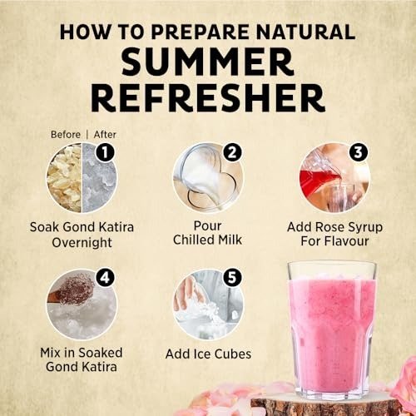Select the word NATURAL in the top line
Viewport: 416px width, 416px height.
305,32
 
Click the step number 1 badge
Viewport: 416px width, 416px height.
105,152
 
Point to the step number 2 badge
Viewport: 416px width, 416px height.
232,152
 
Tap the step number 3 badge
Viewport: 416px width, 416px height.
359,152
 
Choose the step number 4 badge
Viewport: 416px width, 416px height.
105,278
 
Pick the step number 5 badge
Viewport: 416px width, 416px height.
232,278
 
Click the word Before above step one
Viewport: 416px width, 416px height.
66,135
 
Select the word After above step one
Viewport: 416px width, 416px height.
105,135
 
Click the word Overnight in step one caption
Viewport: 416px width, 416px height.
82,243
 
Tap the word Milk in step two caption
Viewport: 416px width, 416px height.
230,240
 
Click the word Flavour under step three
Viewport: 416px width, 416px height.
348,240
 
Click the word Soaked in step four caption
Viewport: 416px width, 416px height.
101,353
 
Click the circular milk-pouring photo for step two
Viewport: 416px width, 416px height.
208,178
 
